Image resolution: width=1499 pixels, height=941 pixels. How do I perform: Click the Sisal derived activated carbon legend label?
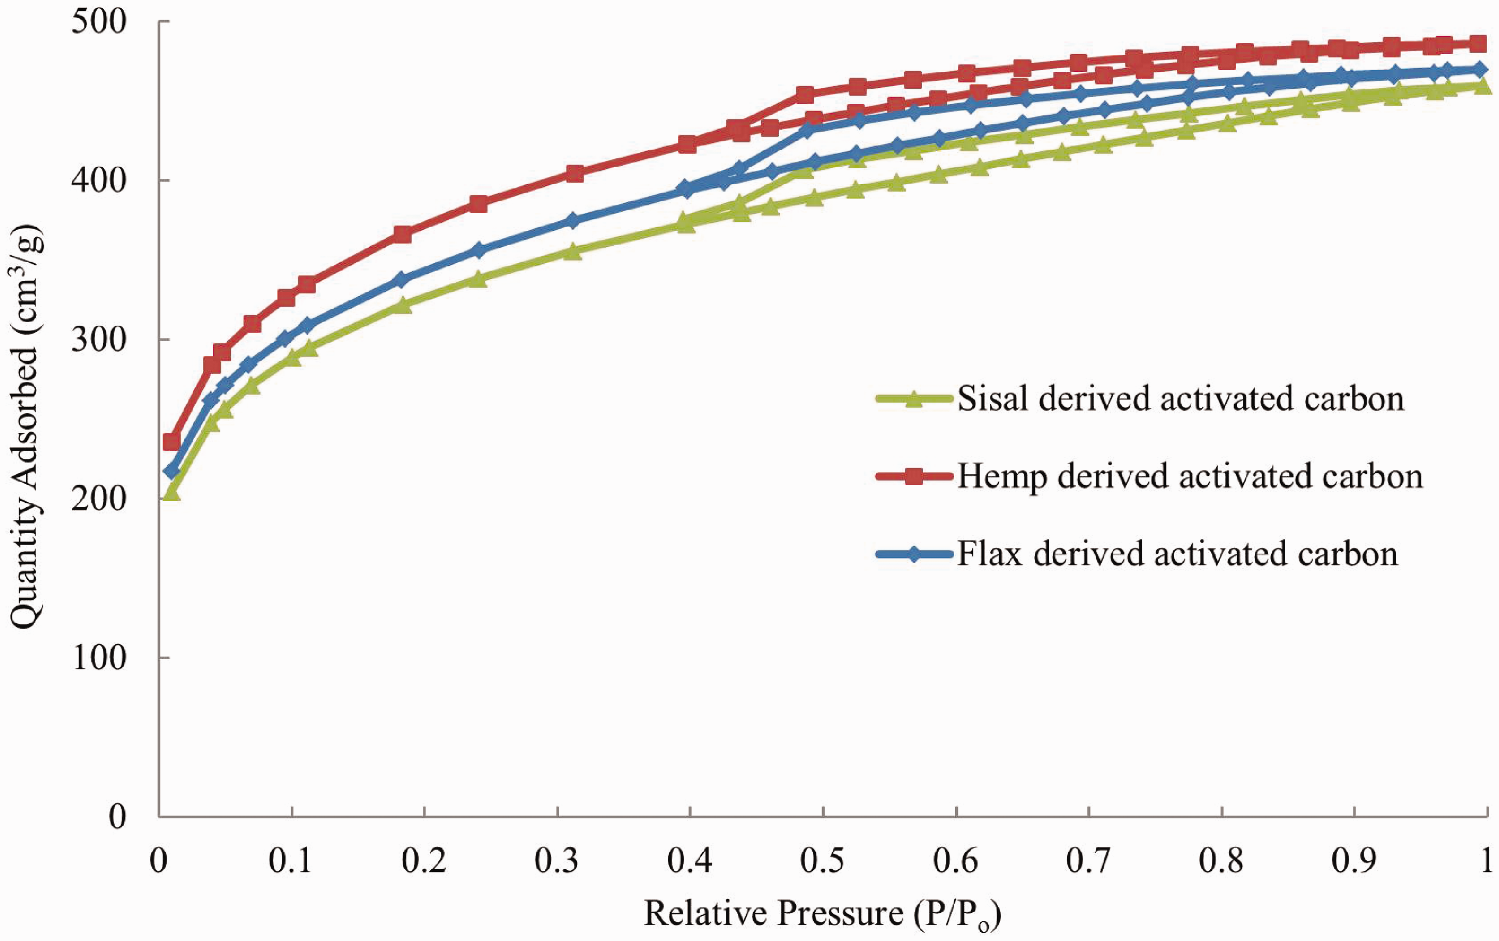coord(1181,398)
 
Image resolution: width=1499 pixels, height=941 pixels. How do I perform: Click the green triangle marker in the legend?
coord(913,399)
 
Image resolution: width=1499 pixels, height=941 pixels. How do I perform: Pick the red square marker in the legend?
coord(913,477)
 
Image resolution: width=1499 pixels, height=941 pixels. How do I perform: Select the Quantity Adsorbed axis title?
coord(27,418)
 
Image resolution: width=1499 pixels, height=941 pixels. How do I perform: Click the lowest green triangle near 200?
coord(171,493)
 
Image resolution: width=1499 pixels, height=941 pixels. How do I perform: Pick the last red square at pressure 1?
coord(1477,43)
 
